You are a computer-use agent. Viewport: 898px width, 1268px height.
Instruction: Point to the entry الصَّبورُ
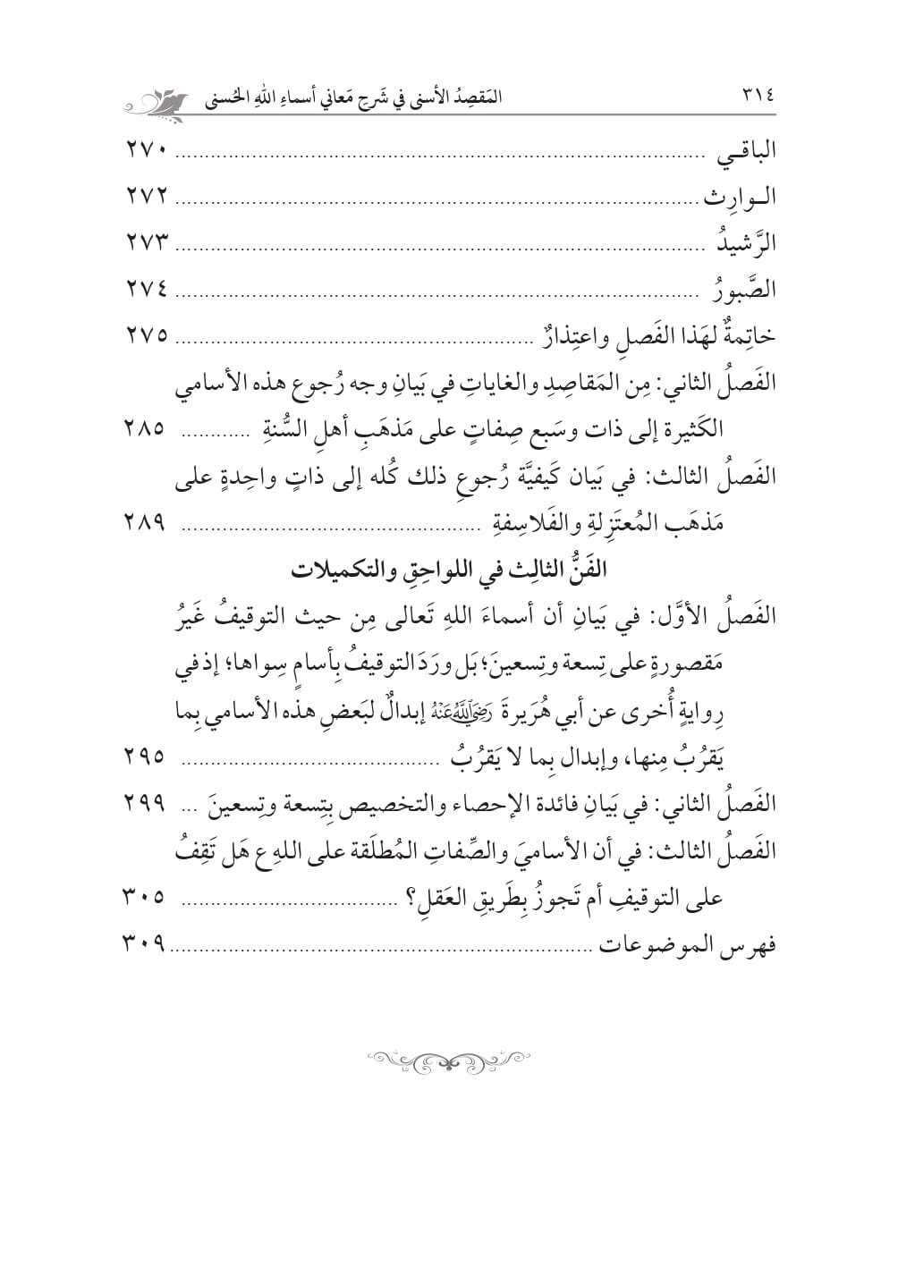(742, 289)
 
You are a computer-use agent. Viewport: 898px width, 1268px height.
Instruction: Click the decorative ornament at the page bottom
(448, 1058)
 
